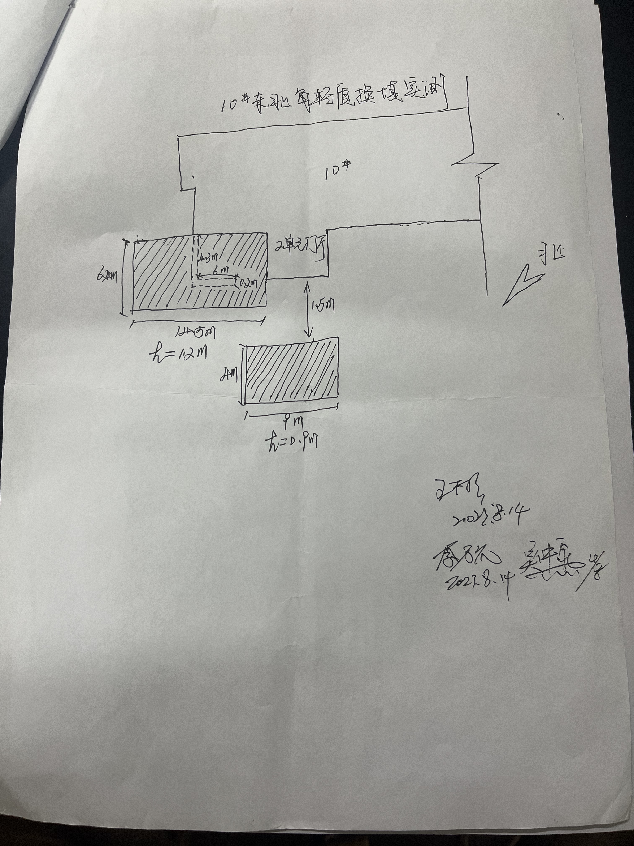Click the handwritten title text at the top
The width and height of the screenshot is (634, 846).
[333, 99]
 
